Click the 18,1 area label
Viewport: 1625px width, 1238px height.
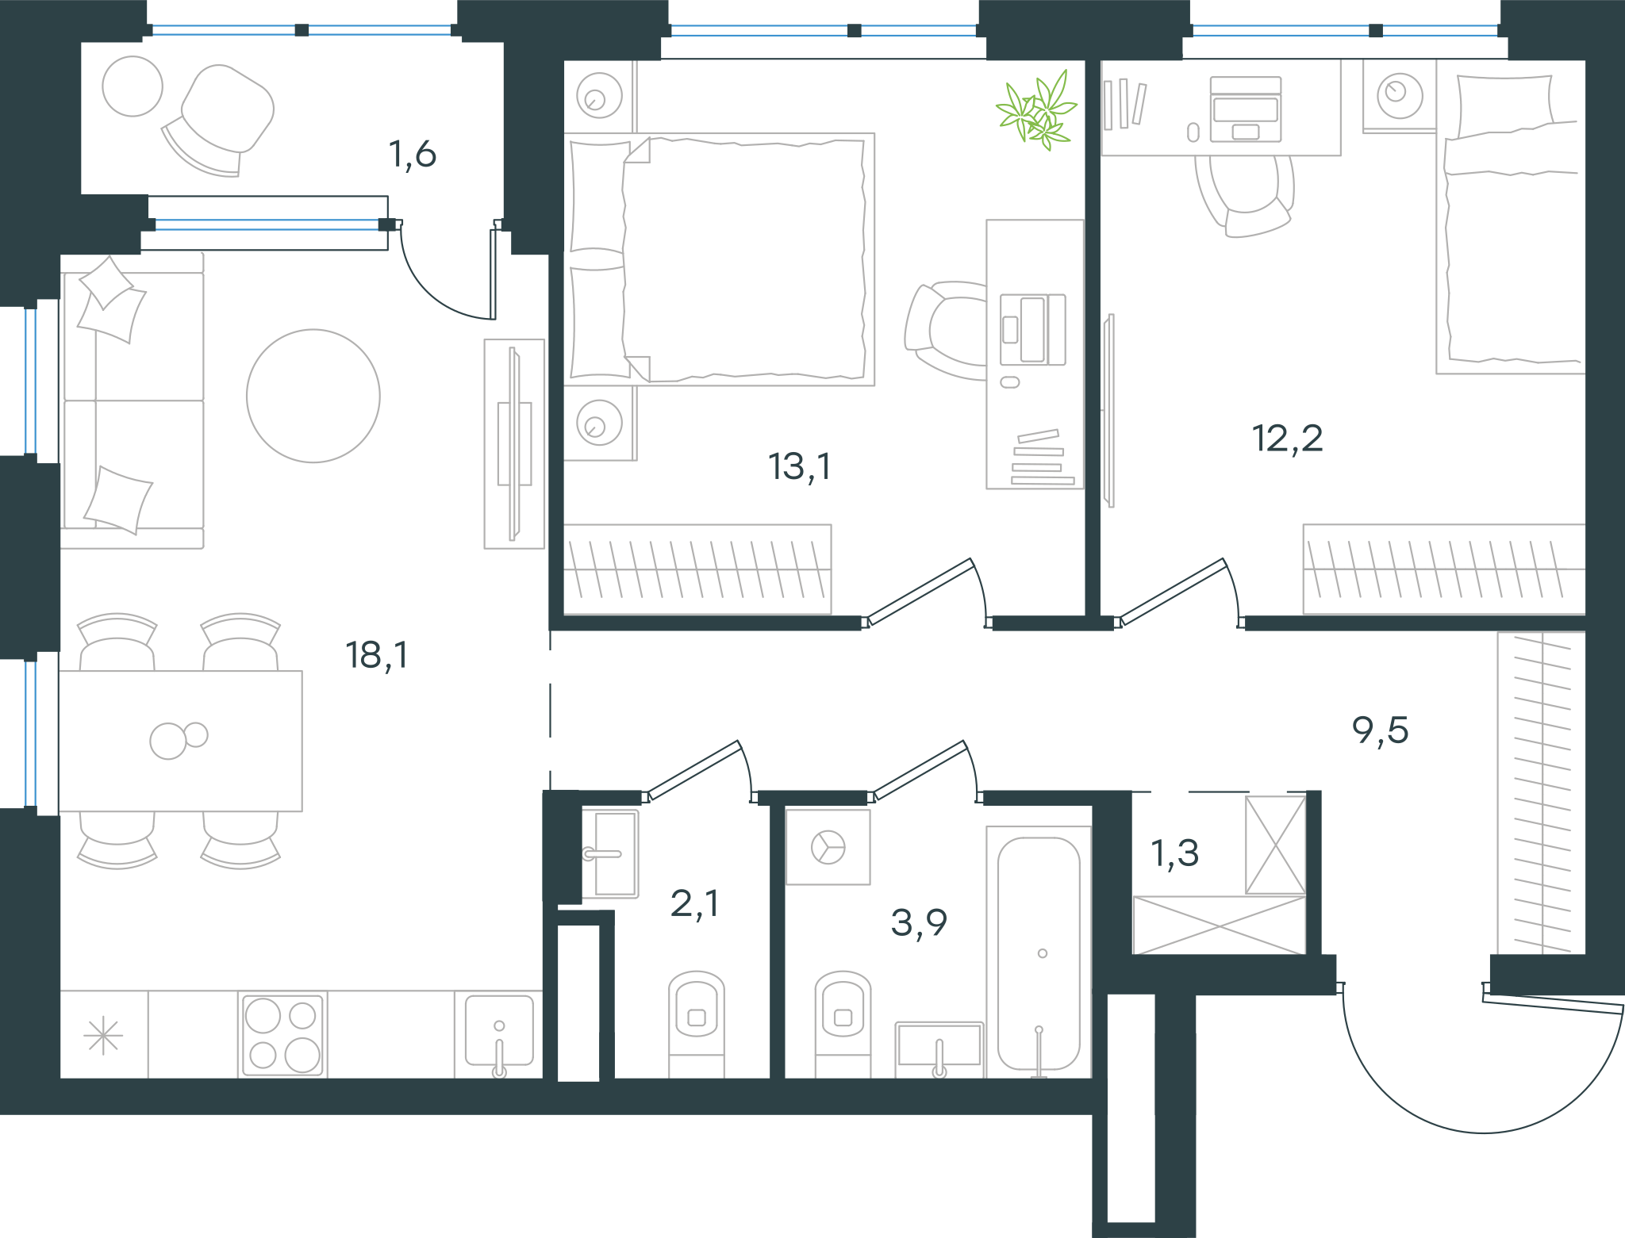pyautogui.click(x=377, y=656)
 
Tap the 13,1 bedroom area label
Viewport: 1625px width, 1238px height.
pyautogui.click(x=800, y=467)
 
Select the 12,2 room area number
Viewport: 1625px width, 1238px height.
pyautogui.click(x=1288, y=439)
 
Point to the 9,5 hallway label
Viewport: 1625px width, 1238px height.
pyautogui.click(x=1381, y=730)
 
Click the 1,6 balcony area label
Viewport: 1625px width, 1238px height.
pyautogui.click(x=413, y=154)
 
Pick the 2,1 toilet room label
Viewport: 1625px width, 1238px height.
pyautogui.click(x=695, y=903)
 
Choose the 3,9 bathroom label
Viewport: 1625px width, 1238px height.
pyautogui.click(x=919, y=922)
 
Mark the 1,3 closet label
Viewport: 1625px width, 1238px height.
pyautogui.click(x=1175, y=853)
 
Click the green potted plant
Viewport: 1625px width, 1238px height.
pyautogui.click(x=1037, y=110)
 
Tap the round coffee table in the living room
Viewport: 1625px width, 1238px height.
pyautogui.click(x=313, y=396)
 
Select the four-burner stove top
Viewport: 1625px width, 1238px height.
pyautogui.click(x=282, y=1034)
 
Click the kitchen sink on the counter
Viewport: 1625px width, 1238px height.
pyautogui.click(x=499, y=1033)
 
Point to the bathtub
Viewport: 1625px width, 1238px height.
pyautogui.click(x=1039, y=952)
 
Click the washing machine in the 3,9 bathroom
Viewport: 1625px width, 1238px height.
pyautogui.click(x=828, y=847)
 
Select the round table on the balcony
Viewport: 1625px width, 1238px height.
pyautogui.click(x=133, y=86)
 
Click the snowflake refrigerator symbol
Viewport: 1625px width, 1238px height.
pyautogui.click(x=103, y=1036)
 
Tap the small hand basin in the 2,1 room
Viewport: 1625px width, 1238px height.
pyautogui.click(x=610, y=853)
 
